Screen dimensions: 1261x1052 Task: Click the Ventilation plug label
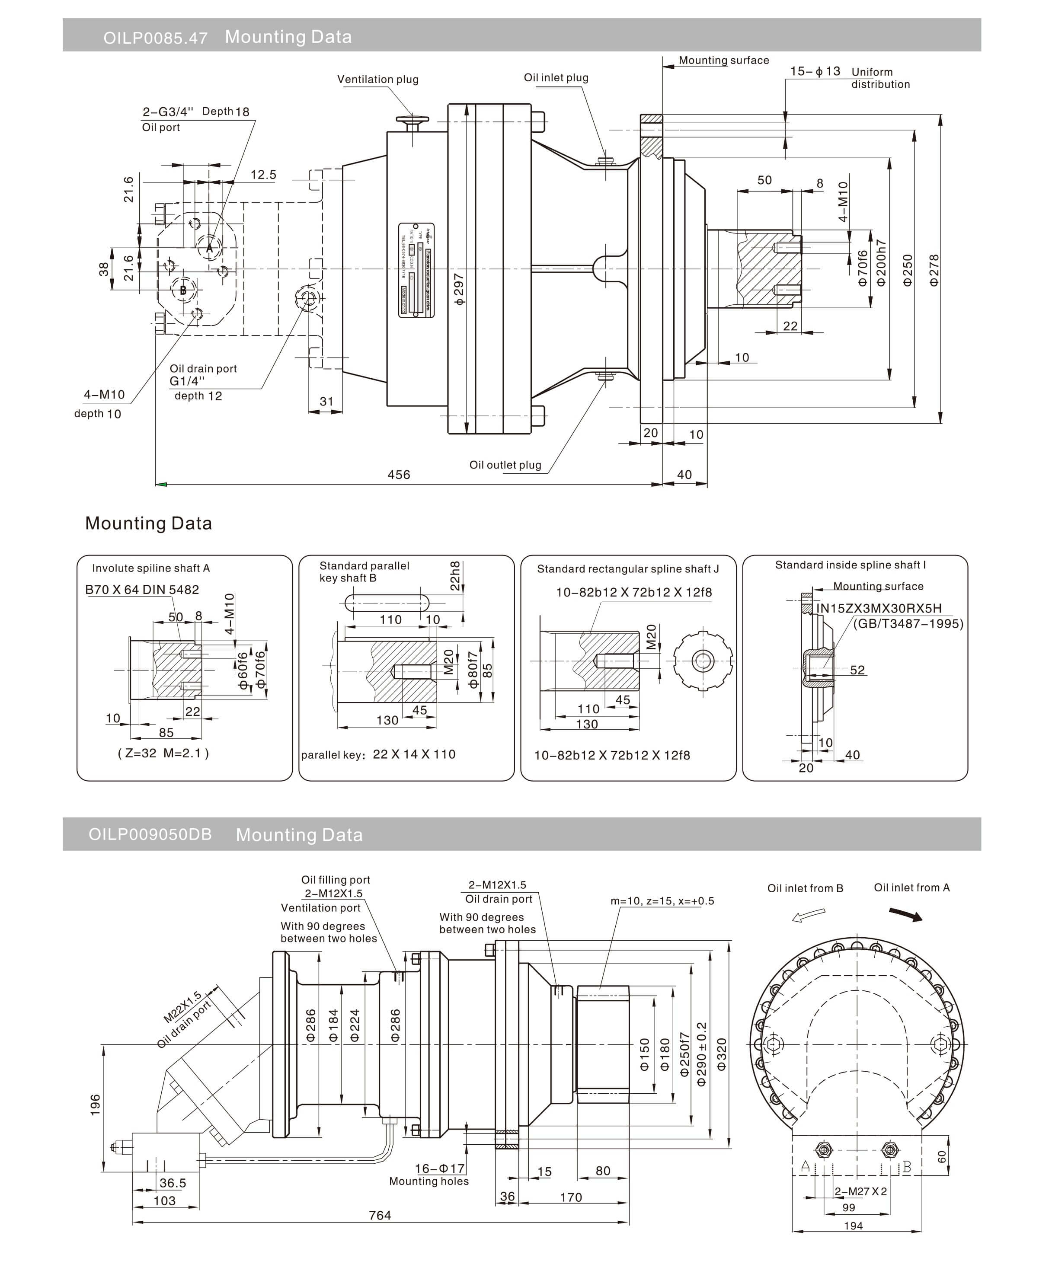(377, 79)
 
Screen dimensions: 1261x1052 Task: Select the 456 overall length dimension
(399, 474)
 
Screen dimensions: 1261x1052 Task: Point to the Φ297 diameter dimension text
(459, 289)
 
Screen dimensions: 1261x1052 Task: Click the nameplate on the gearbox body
(416, 270)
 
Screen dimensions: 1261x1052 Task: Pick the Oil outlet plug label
(505, 465)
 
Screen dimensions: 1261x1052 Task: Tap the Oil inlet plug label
(556, 77)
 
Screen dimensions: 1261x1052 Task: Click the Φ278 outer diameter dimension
(934, 270)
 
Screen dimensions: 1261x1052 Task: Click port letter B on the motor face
(183, 290)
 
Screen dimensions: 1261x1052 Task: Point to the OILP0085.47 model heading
(156, 38)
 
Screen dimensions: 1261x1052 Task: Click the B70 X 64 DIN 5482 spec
(142, 590)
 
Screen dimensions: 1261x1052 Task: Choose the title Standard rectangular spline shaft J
(627, 568)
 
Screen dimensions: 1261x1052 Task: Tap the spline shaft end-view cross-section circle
(703, 661)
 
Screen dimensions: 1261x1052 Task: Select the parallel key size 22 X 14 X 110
(414, 754)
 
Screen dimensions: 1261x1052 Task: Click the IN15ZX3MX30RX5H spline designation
(879, 608)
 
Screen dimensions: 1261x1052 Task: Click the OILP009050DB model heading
(150, 835)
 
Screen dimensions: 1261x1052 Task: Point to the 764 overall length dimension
(380, 1215)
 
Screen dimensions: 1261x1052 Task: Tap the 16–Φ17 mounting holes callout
(440, 1168)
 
